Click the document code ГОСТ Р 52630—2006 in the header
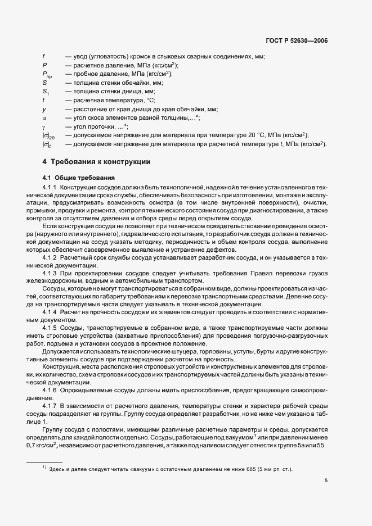pos(297,40)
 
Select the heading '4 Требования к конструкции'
pos(96,161)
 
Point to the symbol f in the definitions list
pos(43,56)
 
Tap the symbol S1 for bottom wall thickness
pos(45,92)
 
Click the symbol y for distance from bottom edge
pos(43,109)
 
